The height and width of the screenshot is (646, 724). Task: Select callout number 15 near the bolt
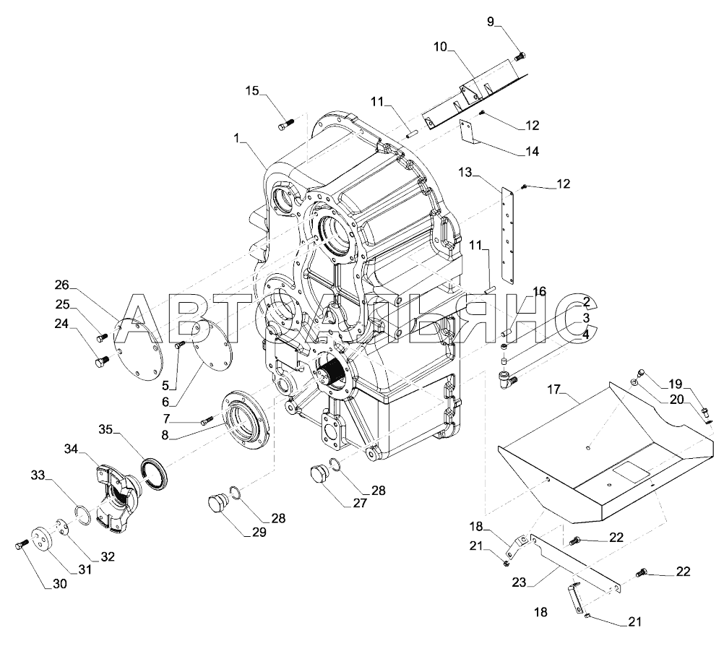pyautogui.click(x=252, y=90)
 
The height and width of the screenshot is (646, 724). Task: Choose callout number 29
pyautogui.click(x=258, y=533)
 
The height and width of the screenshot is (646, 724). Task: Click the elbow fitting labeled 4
pyautogui.click(x=506, y=376)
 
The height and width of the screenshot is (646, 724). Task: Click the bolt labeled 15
pyautogui.click(x=283, y=126)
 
